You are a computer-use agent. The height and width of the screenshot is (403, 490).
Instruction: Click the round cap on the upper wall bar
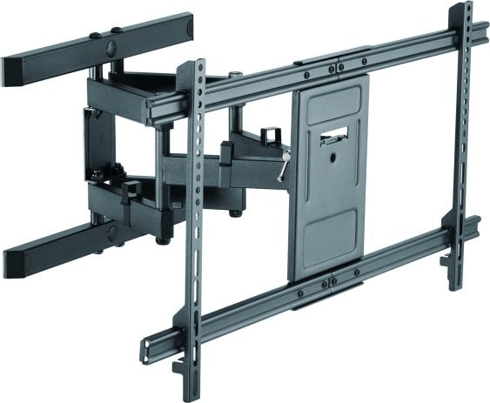112,34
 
